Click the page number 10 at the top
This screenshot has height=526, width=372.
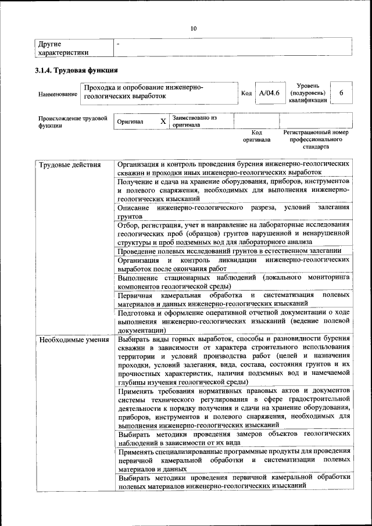(194, 27)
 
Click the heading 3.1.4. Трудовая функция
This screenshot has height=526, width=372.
(77, 70)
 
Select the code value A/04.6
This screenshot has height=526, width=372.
(269, 93)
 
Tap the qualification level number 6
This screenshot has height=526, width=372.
(341, 93)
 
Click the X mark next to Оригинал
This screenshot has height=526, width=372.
(163, 121)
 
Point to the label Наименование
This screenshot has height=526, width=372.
(58, 94)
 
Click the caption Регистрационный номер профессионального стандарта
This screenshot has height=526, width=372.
(316, 139)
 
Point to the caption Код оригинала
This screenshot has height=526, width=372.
(256, 136)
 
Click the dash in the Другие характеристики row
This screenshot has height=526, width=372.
(118, 44)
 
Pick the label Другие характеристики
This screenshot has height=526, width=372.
(63, 48)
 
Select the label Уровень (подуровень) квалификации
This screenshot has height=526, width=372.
(307, 92)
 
